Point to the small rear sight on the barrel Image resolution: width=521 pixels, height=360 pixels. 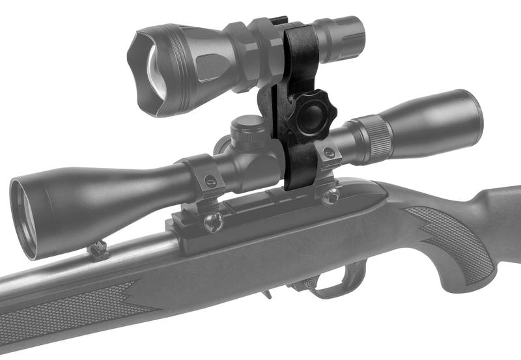coord(98,250)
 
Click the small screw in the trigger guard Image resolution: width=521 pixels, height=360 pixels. coord(311,283)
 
